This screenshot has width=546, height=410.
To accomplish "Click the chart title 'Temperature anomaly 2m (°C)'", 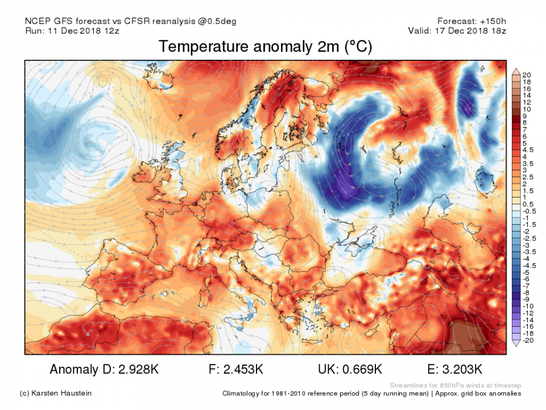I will point(265,47).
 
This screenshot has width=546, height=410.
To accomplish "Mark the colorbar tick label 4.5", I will point(528,150).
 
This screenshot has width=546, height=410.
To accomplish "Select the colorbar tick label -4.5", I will point(529,266).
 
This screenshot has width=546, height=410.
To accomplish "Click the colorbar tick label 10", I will point(526,109).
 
